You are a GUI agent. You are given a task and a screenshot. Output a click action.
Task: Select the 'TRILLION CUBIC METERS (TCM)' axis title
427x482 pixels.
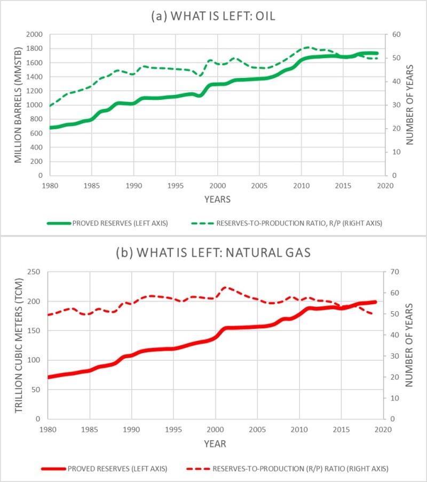point(18,345)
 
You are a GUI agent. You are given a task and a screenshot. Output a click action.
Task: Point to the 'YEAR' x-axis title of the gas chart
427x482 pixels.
point(215,444)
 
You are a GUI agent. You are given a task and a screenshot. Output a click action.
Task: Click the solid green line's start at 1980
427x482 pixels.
point(50,128)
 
